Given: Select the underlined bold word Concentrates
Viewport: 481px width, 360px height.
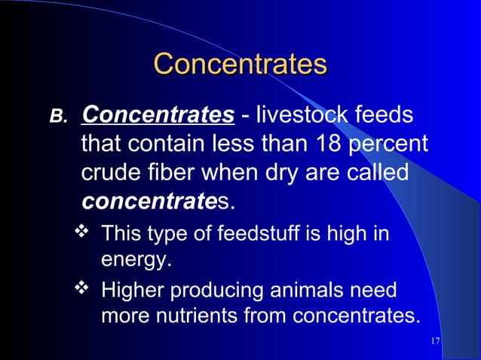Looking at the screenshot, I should tap(157, 115).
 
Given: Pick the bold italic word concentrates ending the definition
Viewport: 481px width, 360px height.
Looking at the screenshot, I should tap(157, 201).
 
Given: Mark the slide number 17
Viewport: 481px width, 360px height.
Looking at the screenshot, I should tap(434, 342).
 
